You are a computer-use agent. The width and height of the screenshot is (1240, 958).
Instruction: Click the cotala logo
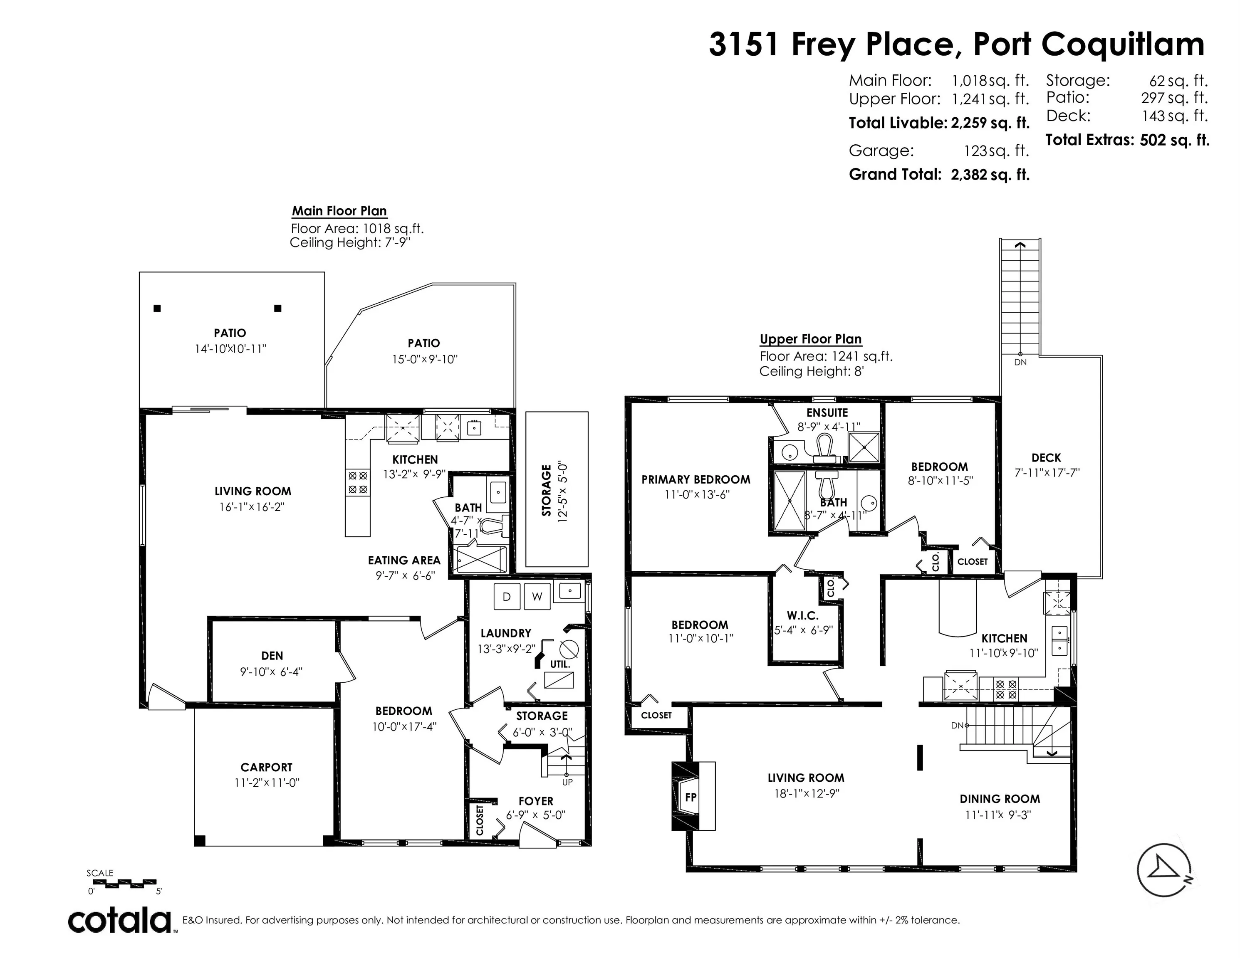click(120, 921)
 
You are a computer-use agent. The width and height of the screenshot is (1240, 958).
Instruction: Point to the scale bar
click(124, 884)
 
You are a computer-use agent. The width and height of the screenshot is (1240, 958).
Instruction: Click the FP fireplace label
click(691, 797)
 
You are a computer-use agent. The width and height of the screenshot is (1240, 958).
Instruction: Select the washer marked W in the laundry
click(537, 597)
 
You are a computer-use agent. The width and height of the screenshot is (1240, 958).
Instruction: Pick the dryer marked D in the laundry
click(507, 597)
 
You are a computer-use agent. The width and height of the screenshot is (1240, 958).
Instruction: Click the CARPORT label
click(266, 767)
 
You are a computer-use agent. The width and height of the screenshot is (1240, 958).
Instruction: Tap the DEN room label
click(272, 655)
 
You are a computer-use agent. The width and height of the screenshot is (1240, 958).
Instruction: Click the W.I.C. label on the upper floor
click(803, 615)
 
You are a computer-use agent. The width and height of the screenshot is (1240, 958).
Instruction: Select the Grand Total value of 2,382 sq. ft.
click(990, 174)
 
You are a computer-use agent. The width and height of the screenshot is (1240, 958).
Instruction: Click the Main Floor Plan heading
click(339, 211)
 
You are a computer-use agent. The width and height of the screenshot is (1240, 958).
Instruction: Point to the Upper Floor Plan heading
click(810, 339)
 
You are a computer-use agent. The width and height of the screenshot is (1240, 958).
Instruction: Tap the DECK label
click(1046, 457)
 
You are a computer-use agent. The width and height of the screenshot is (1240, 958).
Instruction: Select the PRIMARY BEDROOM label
click(695, 479)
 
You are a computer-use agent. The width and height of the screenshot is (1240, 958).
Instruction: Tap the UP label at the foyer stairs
click(567, 782)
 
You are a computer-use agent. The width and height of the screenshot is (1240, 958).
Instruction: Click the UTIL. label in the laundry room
click(560, 664)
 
